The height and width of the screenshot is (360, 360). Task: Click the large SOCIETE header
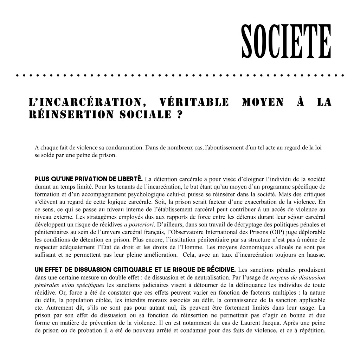coord(286,41)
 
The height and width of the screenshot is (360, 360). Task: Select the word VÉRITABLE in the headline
coord(194,102)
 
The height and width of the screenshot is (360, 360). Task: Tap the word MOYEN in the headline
coord(263,102)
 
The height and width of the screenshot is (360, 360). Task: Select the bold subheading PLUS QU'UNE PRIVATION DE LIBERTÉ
coord(88,179)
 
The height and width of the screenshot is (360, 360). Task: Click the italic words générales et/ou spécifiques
coord(70,285)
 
